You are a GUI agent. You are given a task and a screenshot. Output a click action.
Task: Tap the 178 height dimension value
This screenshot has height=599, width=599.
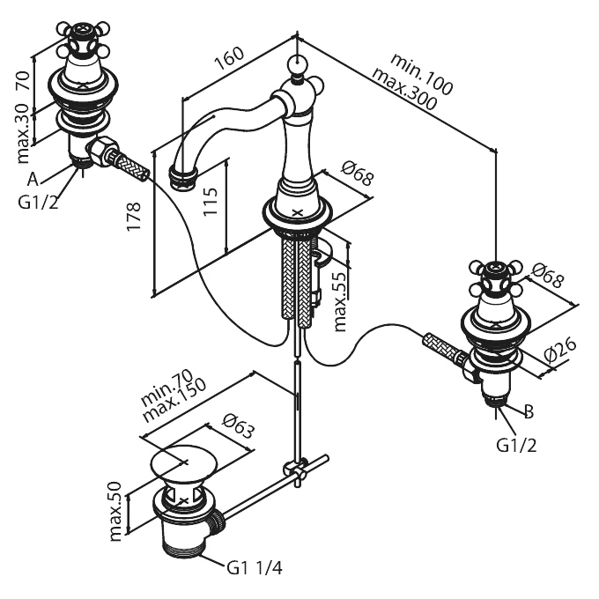coord(134,217)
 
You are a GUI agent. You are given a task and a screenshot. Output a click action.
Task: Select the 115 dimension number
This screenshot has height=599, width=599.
coord(211,202)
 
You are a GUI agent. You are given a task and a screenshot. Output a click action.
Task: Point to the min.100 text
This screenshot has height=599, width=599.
coord(422,74)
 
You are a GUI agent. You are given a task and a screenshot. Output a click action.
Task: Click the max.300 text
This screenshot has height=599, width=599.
coord(404,90)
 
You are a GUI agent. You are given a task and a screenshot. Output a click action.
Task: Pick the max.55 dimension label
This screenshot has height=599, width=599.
coord(340,302)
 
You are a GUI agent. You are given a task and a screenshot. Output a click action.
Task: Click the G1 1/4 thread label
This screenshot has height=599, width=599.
coord(255,568)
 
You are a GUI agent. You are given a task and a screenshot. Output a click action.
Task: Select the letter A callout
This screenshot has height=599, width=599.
coord(33,179)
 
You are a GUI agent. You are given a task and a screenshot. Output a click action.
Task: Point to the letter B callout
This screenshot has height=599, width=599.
coord(529,411)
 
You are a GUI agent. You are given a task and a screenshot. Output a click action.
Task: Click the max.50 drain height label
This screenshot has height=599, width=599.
coord(115,512)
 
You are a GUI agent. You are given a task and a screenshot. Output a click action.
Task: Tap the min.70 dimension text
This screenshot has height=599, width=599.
coord(167,388)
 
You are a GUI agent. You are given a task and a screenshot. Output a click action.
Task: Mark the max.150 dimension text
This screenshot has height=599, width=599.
coord(174,400)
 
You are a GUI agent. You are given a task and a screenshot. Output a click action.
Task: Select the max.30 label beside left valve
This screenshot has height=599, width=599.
coord(23,133)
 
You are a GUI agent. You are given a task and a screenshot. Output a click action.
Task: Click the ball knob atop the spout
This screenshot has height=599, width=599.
coord(297,63)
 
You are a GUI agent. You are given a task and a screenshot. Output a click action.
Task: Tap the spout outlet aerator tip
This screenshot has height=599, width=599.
coord(181,176)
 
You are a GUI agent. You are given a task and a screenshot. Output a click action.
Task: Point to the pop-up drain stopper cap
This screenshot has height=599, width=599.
coord(184,463)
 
